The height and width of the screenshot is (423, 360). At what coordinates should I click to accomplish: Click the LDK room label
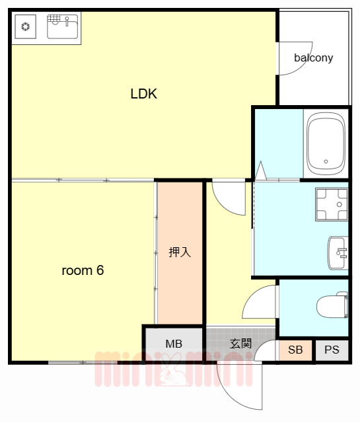point(144,94)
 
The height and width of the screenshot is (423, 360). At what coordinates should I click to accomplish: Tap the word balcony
point(313,58)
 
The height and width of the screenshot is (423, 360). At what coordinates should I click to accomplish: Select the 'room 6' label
point(83,270)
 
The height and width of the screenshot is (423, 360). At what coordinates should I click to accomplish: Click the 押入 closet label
point(180,252)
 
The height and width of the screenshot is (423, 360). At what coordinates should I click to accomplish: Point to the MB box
point(174,344)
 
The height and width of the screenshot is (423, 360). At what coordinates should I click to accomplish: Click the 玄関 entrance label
point(240,344)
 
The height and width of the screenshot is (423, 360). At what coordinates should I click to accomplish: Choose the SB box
point(295,350)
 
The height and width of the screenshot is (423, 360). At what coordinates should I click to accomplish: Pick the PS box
point(332,350)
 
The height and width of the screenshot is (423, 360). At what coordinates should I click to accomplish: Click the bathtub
point(326,144)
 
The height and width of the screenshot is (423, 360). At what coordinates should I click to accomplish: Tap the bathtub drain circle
point(326,161)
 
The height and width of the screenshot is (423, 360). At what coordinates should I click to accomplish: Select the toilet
point(332,305)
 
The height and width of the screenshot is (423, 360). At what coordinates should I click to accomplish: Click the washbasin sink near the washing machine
point(338,252)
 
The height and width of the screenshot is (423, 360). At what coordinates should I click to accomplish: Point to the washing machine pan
point(332,204)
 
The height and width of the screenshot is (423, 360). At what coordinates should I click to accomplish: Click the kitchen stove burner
point(26,26)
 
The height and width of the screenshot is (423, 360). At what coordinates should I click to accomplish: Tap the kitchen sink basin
point(63,26)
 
